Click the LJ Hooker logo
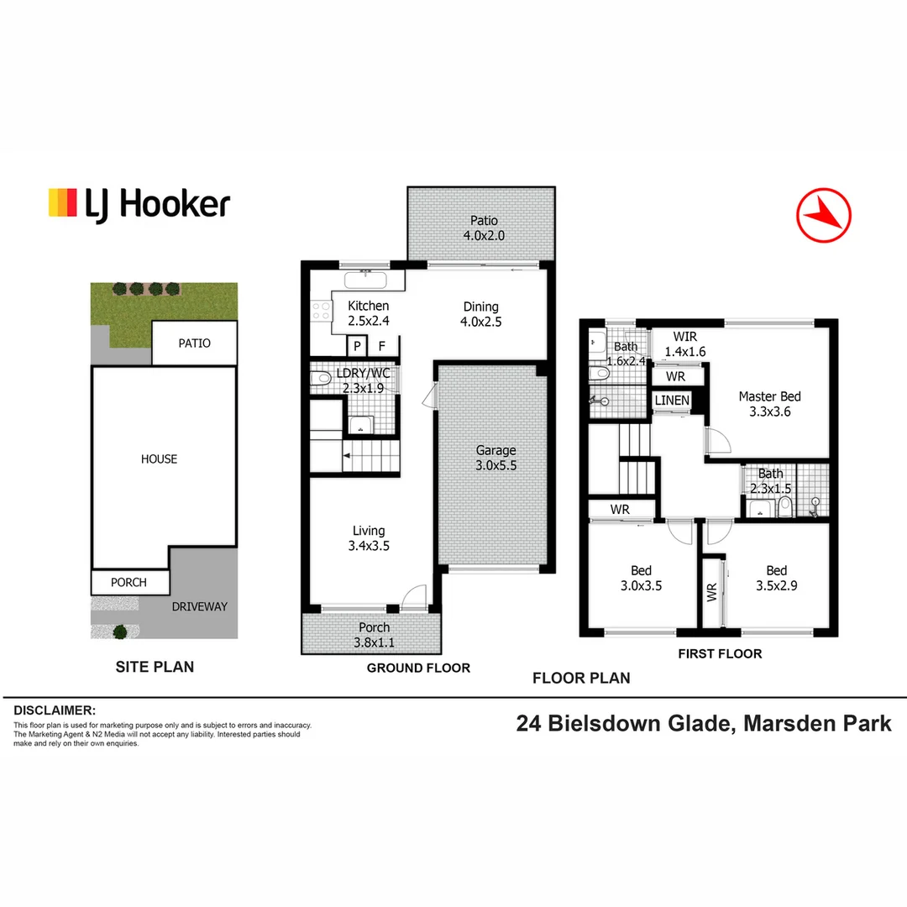point(139,203)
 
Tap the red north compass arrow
point(823,215)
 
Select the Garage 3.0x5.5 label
point(495,457)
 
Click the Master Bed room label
point(769,404)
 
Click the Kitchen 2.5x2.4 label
point(368,313)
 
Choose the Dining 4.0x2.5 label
point(480,313)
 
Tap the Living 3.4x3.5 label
point(368,537)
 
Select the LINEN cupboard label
point(672,401)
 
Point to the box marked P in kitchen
point(356,346)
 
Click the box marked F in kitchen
point(381,346)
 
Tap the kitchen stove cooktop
point(320,312)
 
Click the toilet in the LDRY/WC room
point(320,380)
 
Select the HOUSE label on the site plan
point(160,459)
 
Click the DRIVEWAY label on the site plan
point(200,606)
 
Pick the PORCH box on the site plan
point(128,582)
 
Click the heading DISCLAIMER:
point(55,710)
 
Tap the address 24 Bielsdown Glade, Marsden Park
point(704,723)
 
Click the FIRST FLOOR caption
point(720,653)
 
